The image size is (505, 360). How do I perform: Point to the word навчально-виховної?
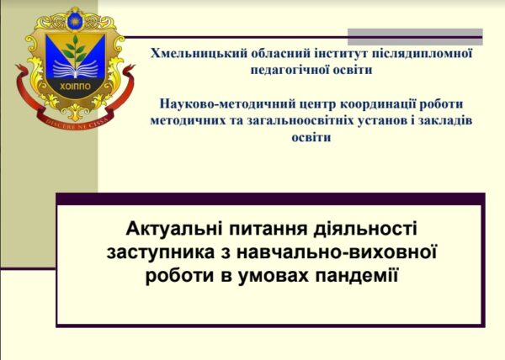337,252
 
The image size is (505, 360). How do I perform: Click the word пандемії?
357,276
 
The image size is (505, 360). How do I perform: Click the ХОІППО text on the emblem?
76,87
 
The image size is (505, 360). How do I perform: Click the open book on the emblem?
76,69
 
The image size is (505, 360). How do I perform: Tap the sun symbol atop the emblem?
76,22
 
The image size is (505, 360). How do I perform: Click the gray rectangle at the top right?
415,37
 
